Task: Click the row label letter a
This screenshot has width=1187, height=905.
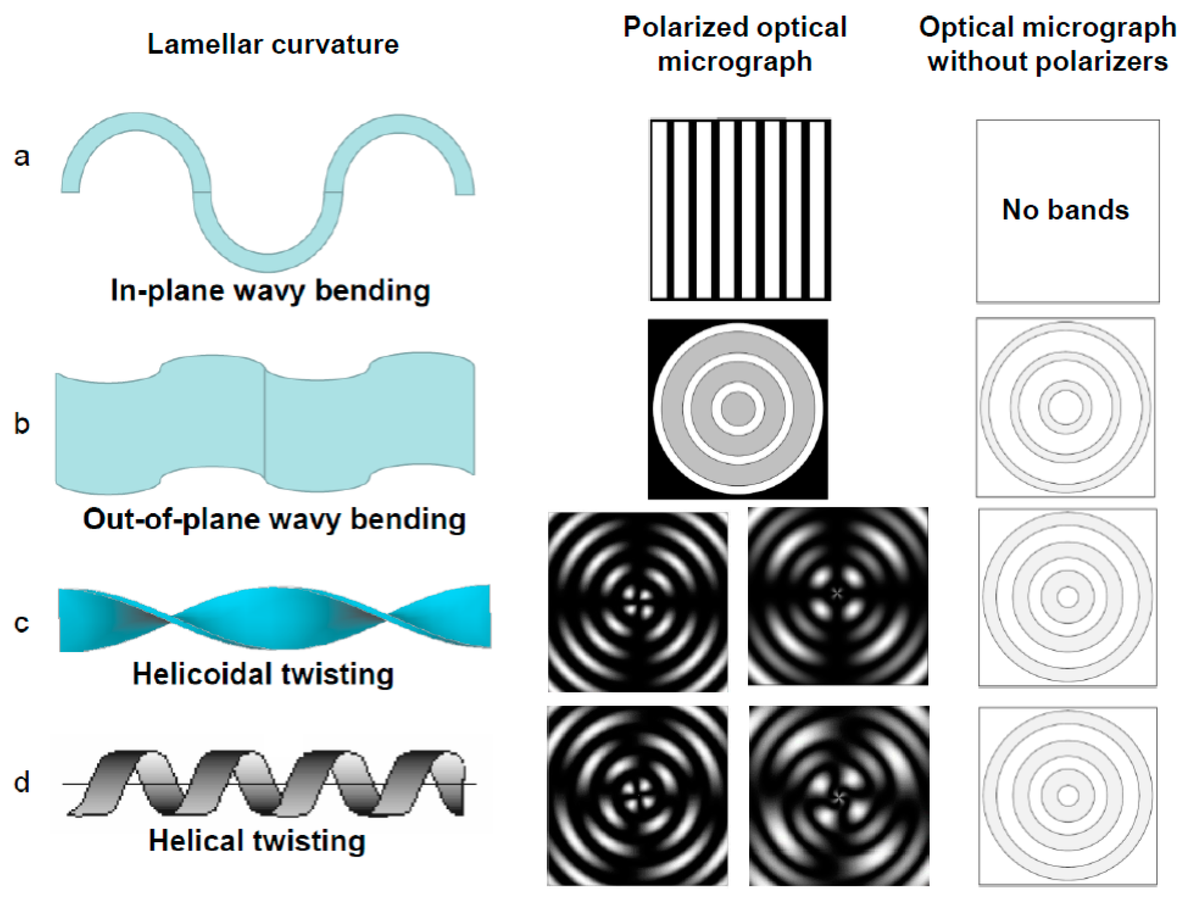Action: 22,157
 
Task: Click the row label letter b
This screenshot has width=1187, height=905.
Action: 22,423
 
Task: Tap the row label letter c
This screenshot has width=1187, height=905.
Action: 22,623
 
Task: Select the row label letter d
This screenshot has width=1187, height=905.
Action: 22,782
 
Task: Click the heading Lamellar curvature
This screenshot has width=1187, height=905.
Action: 273,44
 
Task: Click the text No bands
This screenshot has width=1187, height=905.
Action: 1065,210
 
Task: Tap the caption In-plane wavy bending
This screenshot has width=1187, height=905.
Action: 270,291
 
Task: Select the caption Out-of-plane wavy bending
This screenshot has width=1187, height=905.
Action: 274,519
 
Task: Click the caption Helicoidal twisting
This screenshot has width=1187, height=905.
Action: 263,674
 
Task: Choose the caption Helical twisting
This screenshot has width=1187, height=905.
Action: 257,840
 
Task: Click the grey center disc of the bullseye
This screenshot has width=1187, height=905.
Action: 738,409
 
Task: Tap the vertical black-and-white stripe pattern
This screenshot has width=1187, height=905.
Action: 740,209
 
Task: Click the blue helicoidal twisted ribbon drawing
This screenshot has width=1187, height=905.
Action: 274,618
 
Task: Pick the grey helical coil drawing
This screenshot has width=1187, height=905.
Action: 269,784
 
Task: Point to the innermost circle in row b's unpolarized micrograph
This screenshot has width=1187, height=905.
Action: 1066,407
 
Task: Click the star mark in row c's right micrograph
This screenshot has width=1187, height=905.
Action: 836,593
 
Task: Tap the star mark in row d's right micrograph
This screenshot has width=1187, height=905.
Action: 839,797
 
